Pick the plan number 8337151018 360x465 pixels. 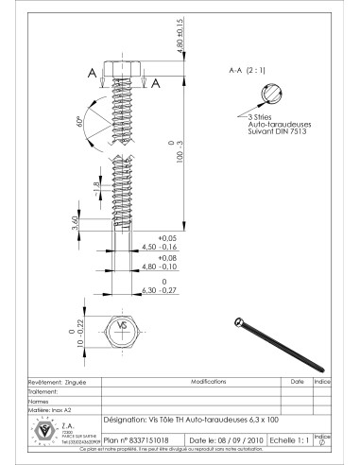coord(136,439)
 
